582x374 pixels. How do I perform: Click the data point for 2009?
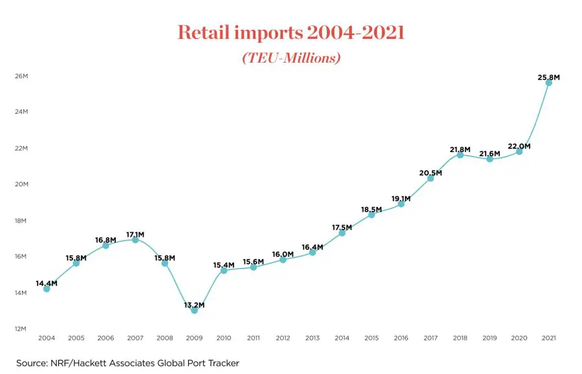point(195,310)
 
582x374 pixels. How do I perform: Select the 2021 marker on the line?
point(548,82)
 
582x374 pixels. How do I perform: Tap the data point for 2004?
point(47,289)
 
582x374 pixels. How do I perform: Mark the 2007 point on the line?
point(135,240)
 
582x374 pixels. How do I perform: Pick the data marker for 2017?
point(431,179)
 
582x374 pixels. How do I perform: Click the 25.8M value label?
point(548,77)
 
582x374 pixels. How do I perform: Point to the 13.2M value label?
point(194,305)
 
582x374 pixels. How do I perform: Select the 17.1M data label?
point(135,235)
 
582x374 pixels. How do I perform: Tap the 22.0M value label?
point(519,146)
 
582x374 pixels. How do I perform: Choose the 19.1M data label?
point(401,199)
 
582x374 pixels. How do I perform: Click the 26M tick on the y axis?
point(21,76)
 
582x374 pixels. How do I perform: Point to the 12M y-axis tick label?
point(21,329)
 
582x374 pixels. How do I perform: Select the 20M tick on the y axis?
point(21,184)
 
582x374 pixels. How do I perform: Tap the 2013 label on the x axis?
point(312,338)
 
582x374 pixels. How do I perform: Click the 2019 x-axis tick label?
point(490,338)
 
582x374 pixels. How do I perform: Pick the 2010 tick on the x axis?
point(224,338)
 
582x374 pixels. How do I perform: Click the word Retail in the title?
point(204,32)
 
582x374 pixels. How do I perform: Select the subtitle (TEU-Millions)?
point(292,58)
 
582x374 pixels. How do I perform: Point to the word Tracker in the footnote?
point(224,363)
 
